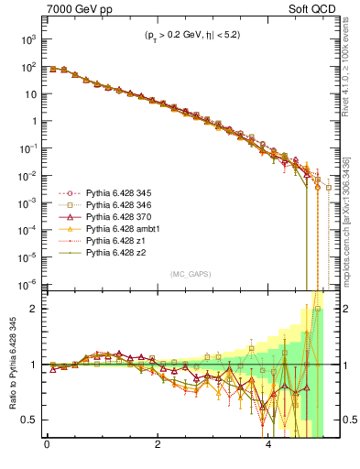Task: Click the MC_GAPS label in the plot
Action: point(186,274)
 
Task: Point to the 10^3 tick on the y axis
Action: point(25,40)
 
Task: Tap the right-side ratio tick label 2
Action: point(342,309)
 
